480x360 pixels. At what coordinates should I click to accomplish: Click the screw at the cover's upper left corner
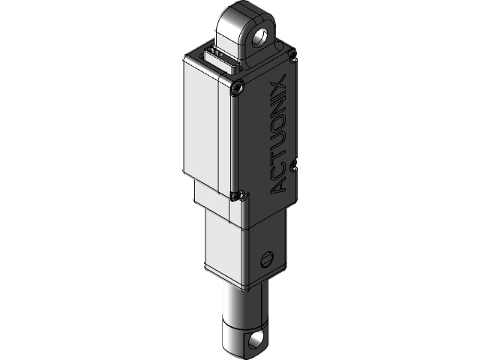238,89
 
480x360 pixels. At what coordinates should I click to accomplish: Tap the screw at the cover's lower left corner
238,196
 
